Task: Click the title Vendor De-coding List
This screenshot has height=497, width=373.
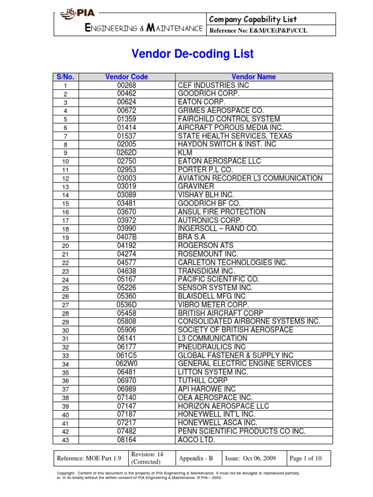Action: [192, 54]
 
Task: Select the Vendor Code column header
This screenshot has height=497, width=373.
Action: [126, 77]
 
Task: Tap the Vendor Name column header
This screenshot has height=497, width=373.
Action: [254, 77]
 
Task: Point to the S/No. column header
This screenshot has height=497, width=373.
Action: [66, 77]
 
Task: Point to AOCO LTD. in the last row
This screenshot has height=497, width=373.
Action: [196, 440]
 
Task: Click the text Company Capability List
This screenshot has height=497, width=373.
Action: [253, 19]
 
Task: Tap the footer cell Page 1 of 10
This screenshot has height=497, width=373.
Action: [308, 458]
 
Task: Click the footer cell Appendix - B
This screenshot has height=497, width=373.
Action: [197, 458]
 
